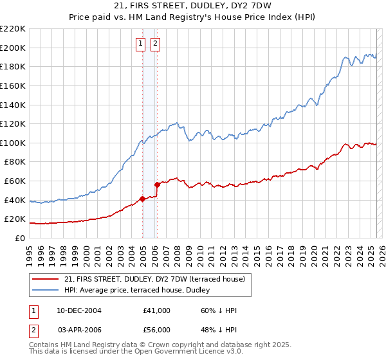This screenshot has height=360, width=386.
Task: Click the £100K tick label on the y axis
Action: (13, 143)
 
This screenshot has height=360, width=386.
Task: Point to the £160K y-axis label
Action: (13, 85)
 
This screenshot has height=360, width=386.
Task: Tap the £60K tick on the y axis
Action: (15, 181)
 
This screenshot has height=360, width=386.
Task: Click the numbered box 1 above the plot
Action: (140, 44)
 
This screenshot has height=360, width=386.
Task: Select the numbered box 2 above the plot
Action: (156, 44)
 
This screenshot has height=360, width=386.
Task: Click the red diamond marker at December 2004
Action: (142, 199)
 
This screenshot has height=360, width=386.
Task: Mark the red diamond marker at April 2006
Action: (157, 184)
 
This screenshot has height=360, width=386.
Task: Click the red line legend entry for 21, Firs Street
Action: (154, 279)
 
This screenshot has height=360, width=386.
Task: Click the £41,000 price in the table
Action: (156, 310)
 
